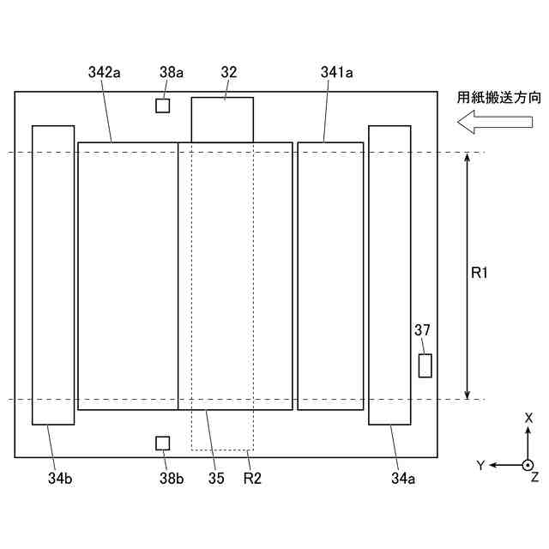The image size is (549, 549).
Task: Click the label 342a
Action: pos(104,74)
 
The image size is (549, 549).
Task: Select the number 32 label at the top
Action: pos(228,74)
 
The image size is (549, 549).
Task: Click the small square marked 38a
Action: pos(162,106)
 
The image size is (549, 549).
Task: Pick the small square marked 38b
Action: pos(162,443)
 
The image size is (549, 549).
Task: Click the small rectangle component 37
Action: pos(425,365)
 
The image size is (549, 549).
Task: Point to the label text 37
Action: pos(422,329)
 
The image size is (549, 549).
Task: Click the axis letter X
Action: pos(528,418)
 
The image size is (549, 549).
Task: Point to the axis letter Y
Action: pos(481,465)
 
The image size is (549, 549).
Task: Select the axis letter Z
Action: pos(534,476)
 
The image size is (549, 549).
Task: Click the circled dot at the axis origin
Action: pos(528,465)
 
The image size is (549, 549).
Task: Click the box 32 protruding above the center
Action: pos(222,119)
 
